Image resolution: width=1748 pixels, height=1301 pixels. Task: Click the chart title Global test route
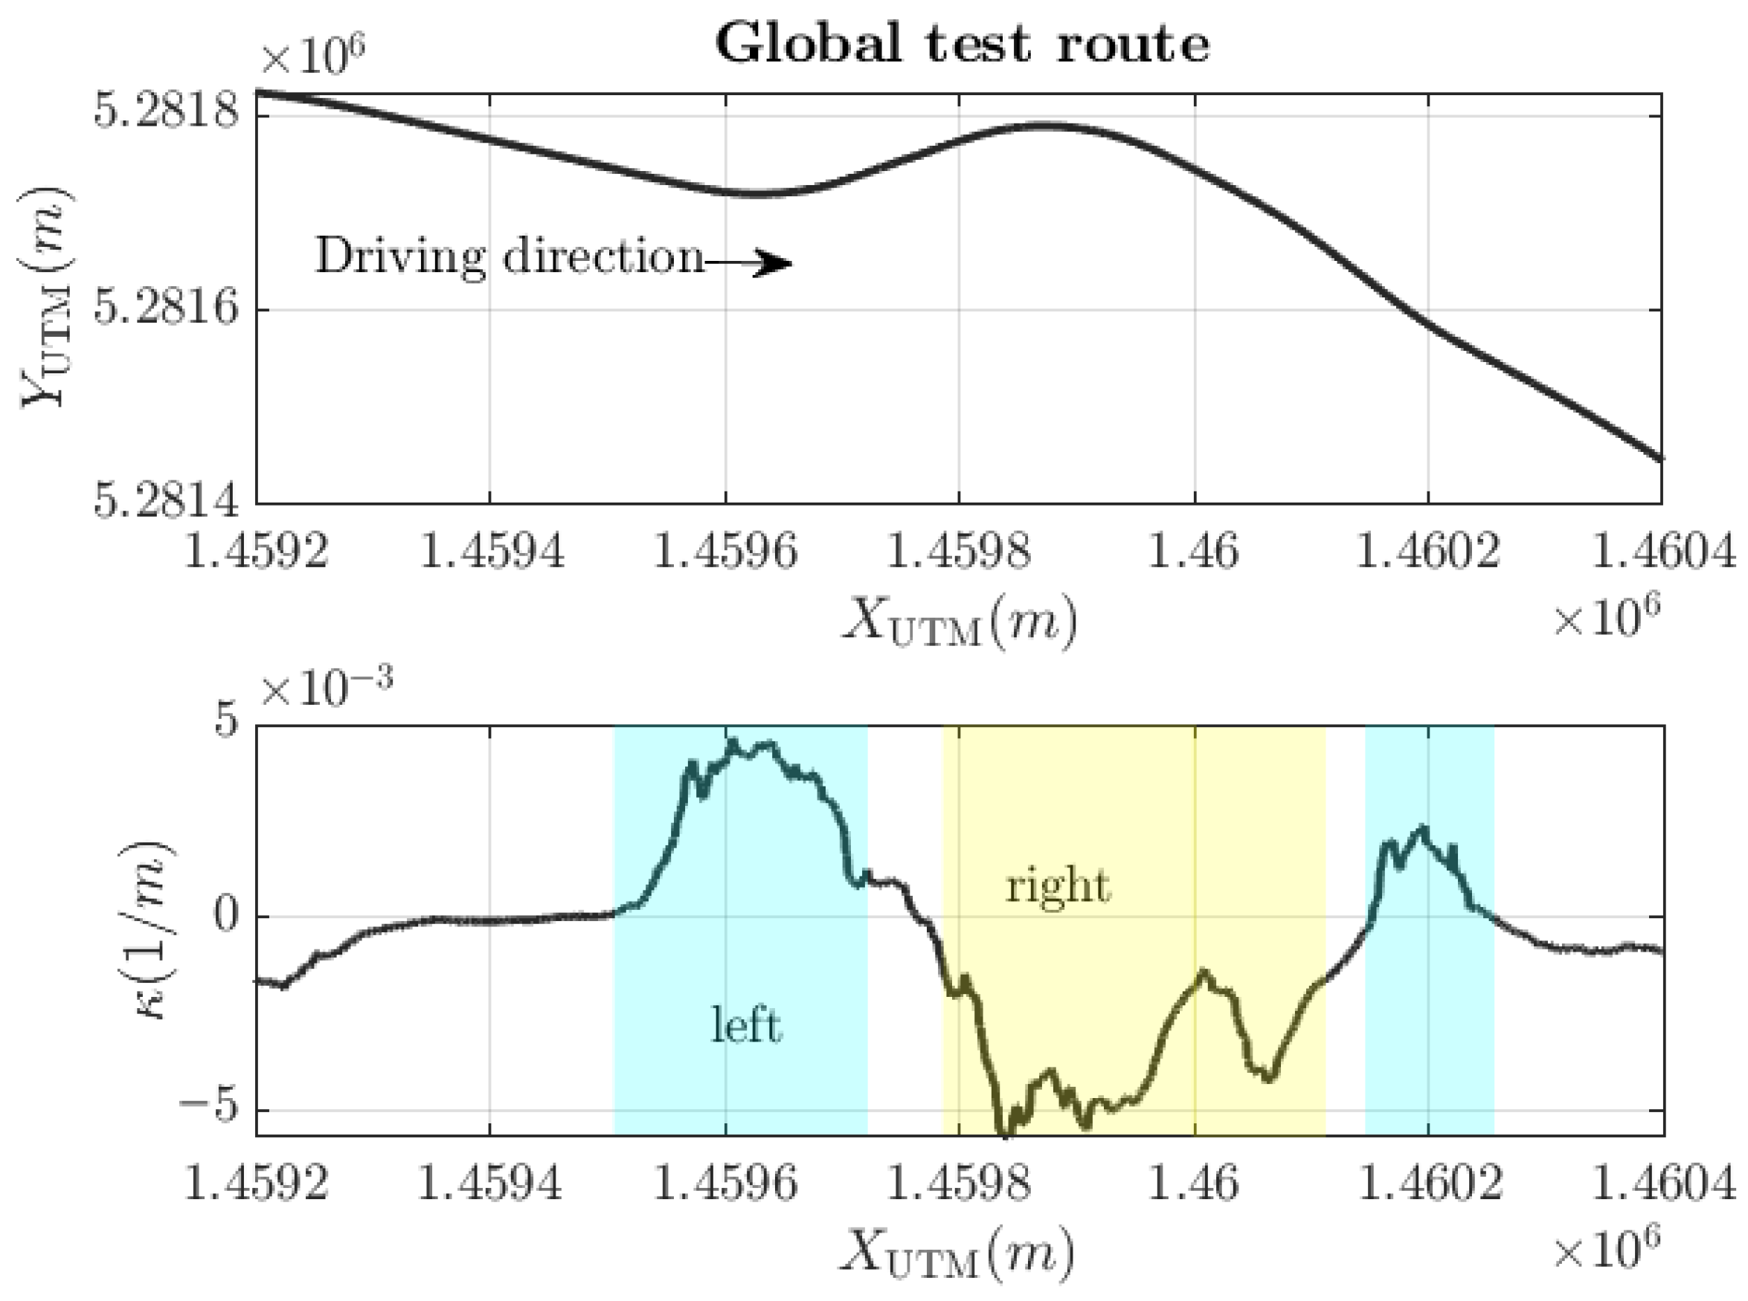point(961,45)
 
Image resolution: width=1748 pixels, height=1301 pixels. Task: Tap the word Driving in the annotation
point(400,256)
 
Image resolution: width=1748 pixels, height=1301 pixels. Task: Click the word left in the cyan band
point(746,1026)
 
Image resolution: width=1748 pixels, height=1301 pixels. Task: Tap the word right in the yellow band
point(1057,888)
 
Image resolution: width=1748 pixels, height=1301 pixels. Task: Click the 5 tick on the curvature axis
point(227,722)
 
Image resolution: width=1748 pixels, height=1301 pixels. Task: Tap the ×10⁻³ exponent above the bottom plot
point(326,691)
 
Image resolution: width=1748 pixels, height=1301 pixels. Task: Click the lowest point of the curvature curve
point(1003,1134)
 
